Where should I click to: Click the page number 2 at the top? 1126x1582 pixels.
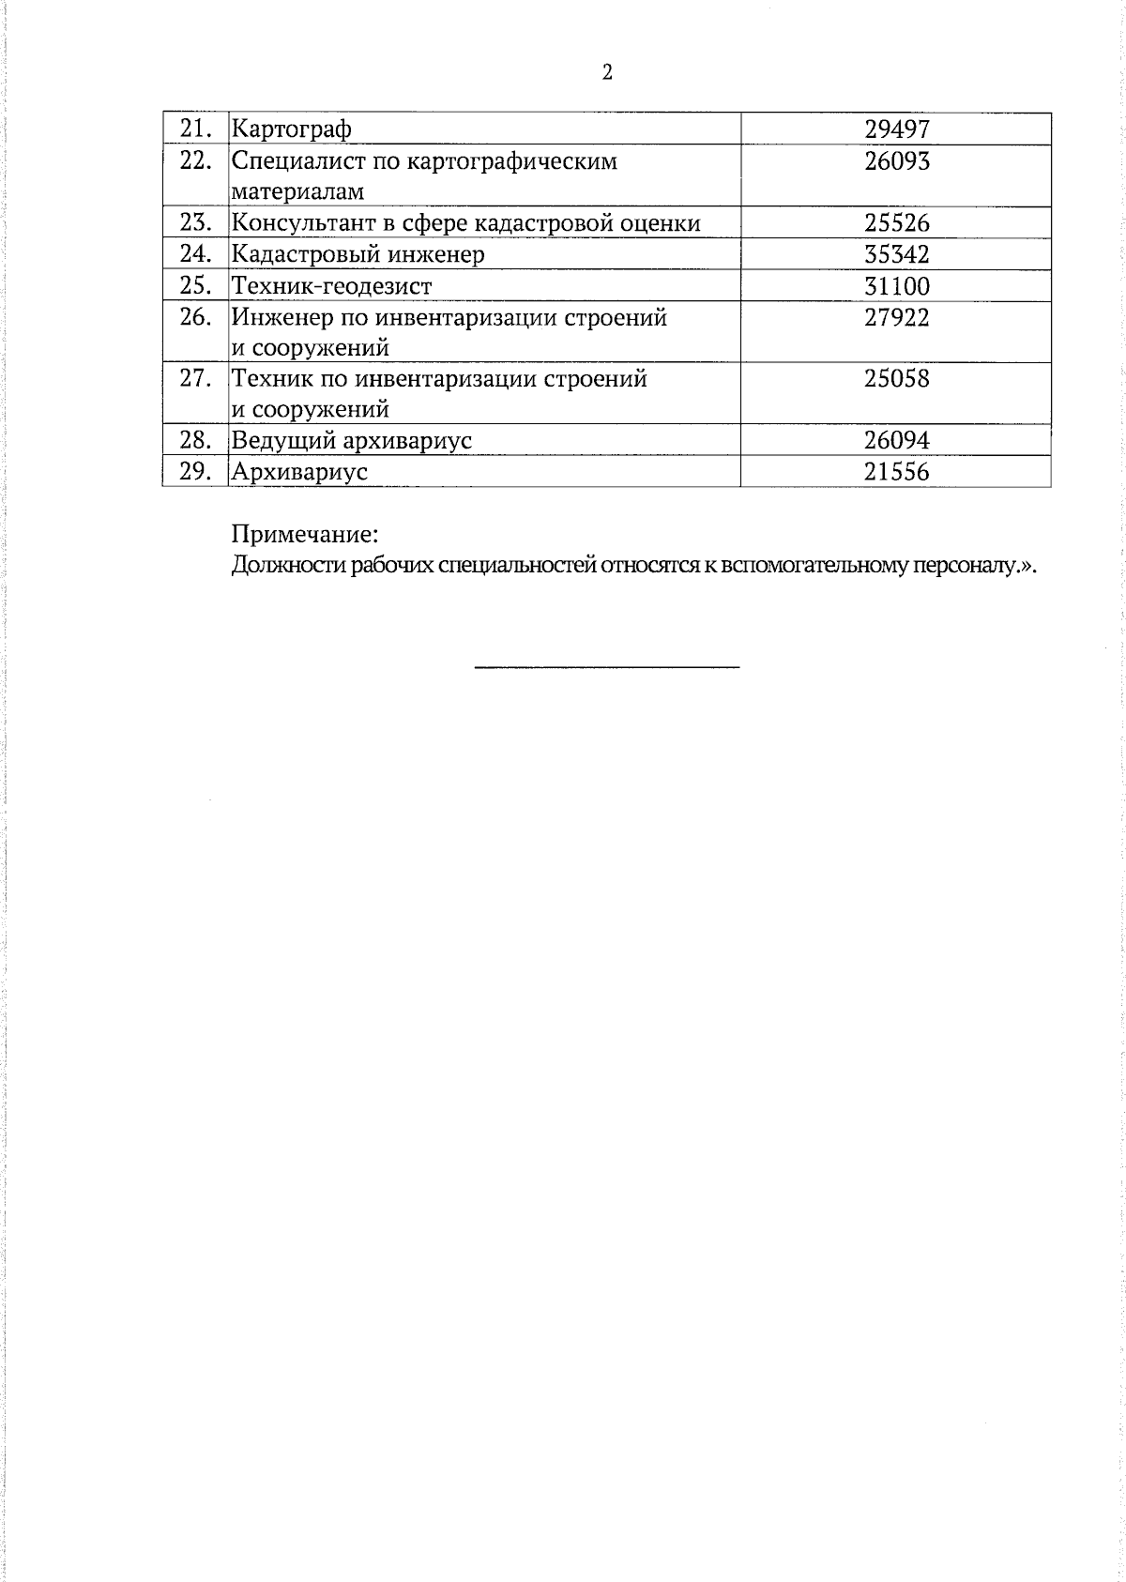coord(607,72)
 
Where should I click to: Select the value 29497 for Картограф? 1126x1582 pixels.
coord(896,129)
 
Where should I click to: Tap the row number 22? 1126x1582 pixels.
coord(194,160)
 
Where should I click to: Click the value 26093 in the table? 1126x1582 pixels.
coord(896,161)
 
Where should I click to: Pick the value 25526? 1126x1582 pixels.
coord(896,223)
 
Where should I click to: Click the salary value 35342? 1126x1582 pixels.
coord(896,254)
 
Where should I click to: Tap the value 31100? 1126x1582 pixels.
coord(896,286)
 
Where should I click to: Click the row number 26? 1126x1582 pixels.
coord(194,317)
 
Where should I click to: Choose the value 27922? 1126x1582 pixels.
coord(896,318)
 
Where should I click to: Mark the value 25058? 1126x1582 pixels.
coord(896,379)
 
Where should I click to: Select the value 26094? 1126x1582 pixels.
coord(896,440)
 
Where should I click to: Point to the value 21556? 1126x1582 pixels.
coord(896,472)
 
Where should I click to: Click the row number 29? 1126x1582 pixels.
coord(194,471)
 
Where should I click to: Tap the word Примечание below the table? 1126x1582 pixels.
coord(305,535)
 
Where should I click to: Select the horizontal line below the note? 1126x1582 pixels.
coord(607,667)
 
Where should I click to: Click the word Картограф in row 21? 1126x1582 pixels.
coord(291,129)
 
